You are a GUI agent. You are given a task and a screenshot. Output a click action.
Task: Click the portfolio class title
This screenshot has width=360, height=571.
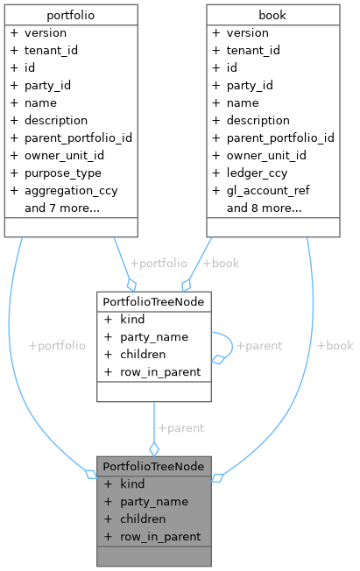tap(71, 15)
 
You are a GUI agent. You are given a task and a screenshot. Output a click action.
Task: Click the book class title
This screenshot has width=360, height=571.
tap(273, 15)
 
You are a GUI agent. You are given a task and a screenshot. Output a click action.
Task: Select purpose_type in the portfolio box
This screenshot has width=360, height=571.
tap(64, 173)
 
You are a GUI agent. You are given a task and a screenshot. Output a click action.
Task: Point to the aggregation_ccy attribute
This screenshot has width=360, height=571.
tap(71, 190)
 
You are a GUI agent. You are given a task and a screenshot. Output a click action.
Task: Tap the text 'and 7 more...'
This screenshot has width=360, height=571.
tap(61, 208)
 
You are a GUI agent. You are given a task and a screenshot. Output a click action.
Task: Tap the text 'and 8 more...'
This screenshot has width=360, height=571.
tap(264, 208)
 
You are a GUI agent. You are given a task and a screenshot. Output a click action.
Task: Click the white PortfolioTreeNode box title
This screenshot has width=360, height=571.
tap(153, 301)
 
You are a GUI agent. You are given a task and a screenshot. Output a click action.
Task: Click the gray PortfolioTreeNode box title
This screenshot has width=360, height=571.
tap(153, 466)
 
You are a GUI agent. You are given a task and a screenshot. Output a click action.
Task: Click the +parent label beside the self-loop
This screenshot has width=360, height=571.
tap(259, 345)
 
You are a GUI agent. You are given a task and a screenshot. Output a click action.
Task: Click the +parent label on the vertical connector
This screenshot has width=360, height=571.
tap(180, 428)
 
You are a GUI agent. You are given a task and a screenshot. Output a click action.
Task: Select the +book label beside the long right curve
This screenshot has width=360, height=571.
tap(335, 345)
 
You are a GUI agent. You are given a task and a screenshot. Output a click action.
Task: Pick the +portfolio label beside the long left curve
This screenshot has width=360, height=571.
tap(57, 345)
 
